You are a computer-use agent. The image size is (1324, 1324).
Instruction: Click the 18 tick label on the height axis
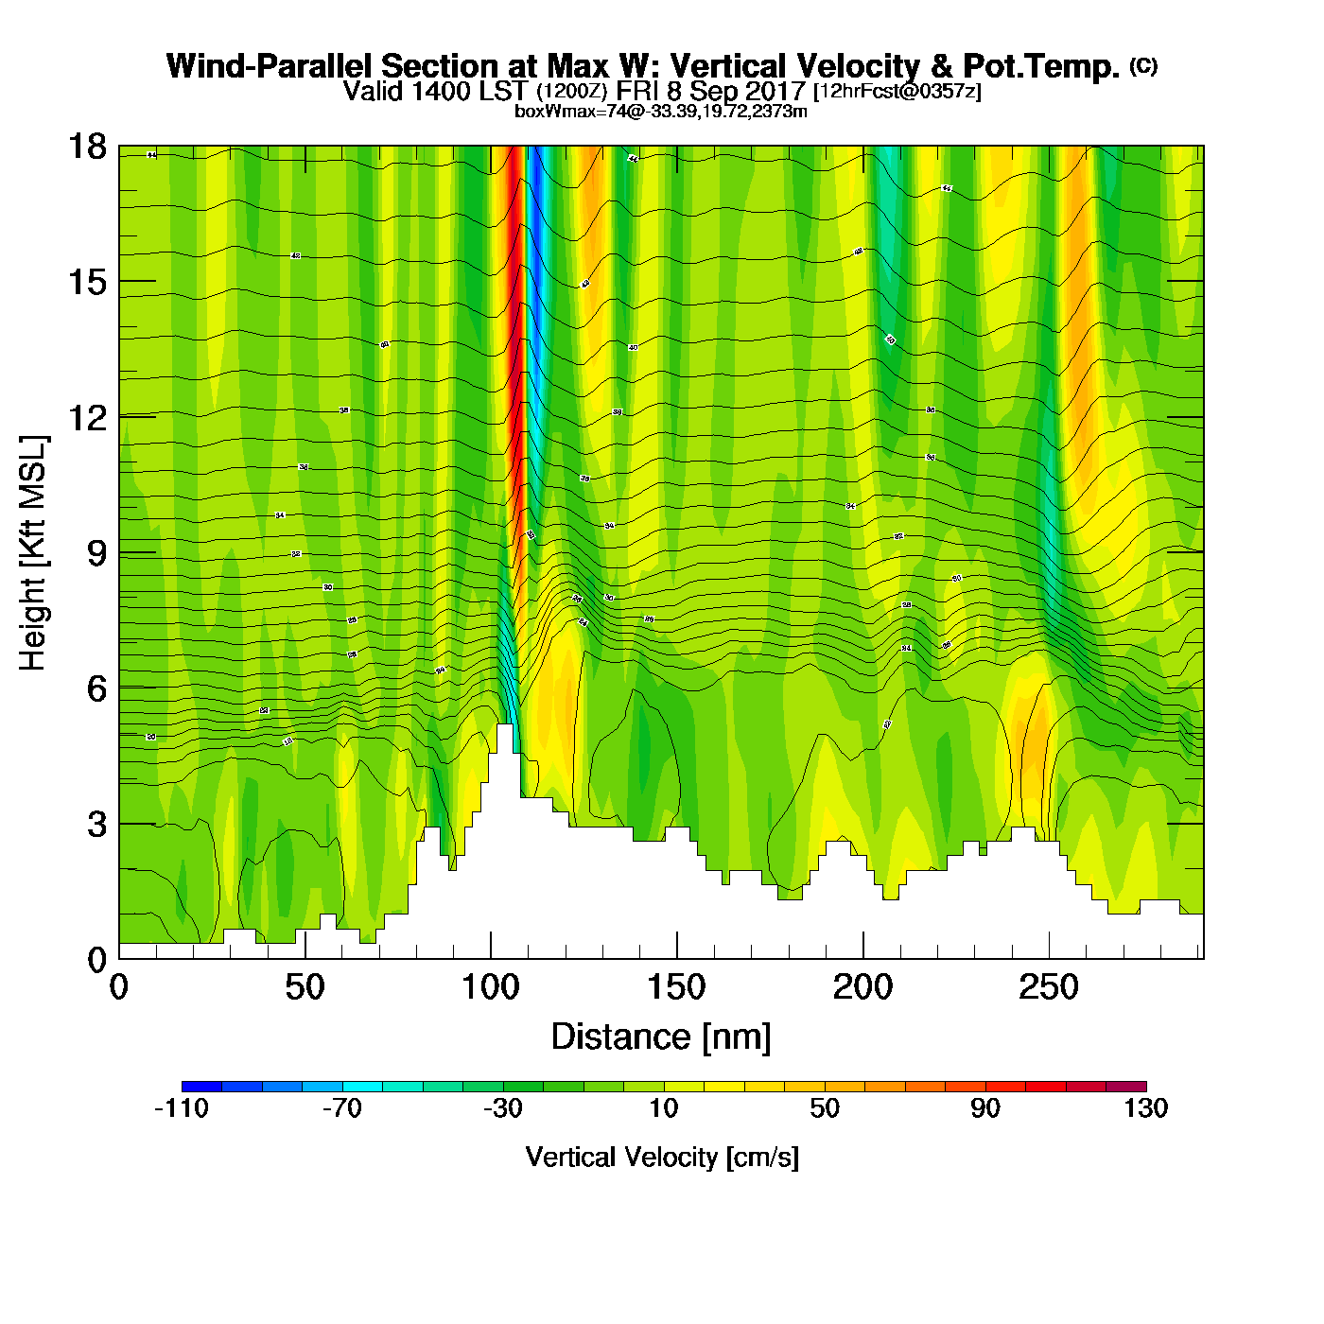coord(86,147)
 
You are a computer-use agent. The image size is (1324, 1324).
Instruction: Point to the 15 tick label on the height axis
coord(86,282)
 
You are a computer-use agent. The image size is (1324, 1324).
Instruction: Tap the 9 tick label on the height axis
coord(96,553)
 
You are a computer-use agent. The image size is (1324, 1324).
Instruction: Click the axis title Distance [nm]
coord(661,1037)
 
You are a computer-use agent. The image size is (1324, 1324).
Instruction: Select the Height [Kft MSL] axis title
coord(33,553)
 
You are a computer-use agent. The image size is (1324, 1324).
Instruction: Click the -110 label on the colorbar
coord(182,1108)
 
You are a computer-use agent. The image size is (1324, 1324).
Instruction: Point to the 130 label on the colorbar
coord(1146,1108)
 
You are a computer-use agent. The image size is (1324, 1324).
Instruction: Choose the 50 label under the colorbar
coord(825,1108)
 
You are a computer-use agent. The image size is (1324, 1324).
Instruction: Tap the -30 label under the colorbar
coord(502,1108)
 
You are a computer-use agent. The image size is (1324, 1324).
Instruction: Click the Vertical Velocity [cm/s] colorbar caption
coord(662,1158)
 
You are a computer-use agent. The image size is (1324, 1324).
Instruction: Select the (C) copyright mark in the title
coord(1143,65)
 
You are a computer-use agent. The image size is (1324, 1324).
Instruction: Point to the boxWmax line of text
coord(660,112)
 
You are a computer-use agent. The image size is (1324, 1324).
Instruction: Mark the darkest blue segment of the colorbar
coord(201,1086)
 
